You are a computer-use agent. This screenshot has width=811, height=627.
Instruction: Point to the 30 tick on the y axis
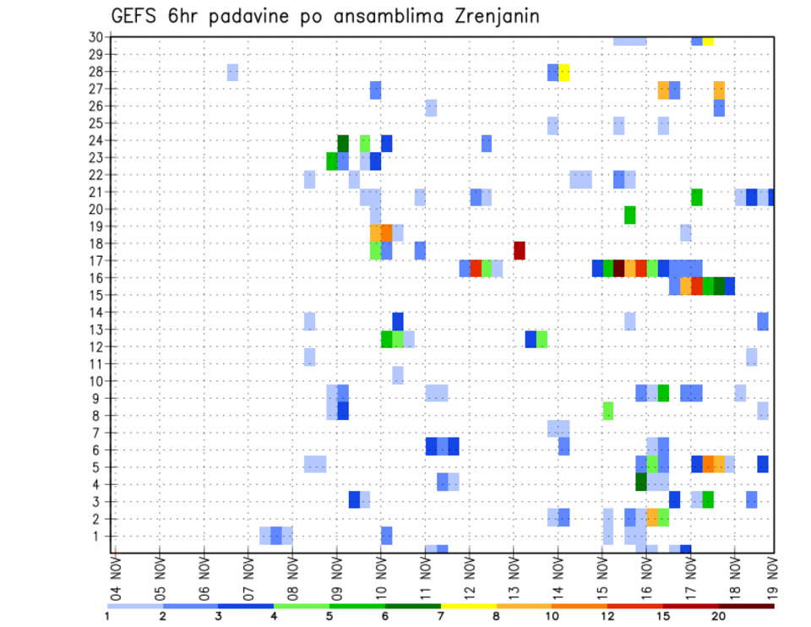95,37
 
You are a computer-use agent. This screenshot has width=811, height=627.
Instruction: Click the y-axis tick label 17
95,260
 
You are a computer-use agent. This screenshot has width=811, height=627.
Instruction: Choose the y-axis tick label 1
99,536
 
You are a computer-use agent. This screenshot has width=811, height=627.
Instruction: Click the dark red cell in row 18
520,251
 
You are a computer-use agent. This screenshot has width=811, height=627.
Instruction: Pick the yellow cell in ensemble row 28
564,72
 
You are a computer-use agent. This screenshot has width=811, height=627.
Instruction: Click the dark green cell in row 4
641,482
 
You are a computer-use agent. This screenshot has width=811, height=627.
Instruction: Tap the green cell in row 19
630,215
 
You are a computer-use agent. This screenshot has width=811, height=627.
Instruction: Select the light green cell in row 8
608,411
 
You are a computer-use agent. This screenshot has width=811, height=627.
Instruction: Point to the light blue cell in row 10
398,375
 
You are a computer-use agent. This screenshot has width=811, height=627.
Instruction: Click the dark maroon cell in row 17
619,269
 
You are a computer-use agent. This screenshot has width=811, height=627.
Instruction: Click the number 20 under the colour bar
719,616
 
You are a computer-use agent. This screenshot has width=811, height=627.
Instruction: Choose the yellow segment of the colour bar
469,606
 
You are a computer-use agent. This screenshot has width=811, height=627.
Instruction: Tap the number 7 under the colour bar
441,616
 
